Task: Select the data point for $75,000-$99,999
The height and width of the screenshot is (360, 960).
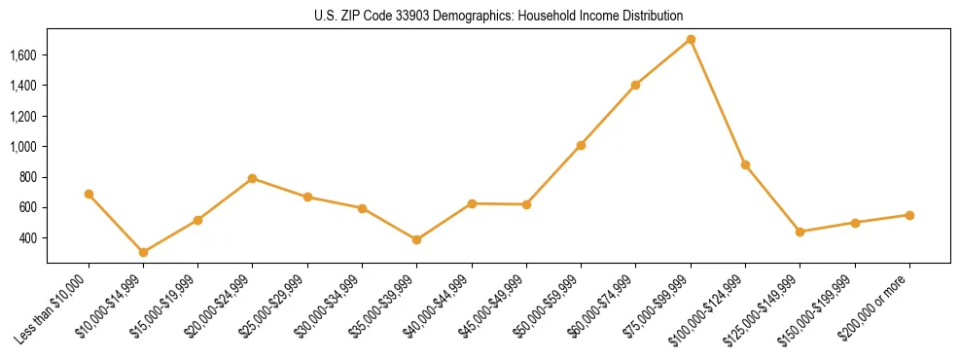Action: tap(691, 40)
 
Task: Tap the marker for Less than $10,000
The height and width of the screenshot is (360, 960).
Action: tap(89, 194)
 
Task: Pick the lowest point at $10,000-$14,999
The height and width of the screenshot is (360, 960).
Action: tap(143, 252)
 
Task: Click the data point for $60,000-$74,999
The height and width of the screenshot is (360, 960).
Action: tap(635, 85)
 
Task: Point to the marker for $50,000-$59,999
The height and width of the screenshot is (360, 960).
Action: tap(581, 145)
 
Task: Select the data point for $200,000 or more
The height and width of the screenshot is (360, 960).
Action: tap(909, 215)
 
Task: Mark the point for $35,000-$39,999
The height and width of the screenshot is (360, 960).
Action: tap(416, 239)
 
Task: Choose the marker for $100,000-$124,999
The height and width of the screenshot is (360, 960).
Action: tap(745, 164)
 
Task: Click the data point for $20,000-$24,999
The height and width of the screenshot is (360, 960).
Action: tap(252, 178)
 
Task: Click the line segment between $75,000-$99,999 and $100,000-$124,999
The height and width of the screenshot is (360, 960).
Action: tap(718, 102)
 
